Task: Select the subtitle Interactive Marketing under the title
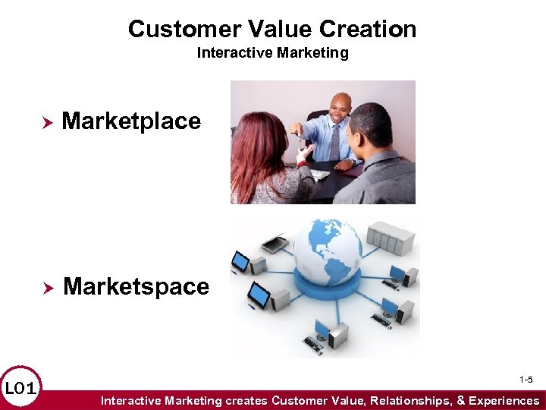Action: coord(272,52)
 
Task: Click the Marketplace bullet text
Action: coord(131,121)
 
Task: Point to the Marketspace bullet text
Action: coord(136,286)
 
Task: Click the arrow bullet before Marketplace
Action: coord(45,121)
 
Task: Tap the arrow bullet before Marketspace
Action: coord(45,288)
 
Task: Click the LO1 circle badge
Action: coord(20,389)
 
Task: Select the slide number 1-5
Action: coord(526,379)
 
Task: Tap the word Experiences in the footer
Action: coord(504,400)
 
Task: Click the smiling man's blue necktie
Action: coord(334,141)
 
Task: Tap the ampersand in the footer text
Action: coord(460,400)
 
